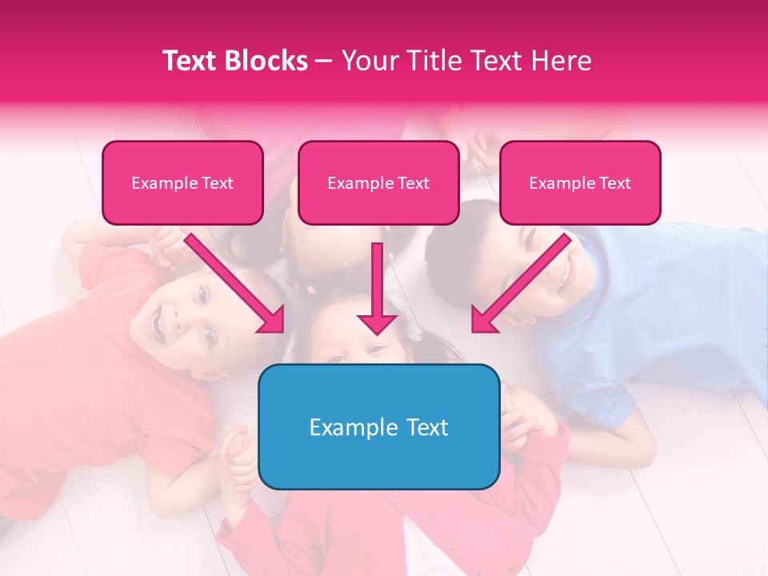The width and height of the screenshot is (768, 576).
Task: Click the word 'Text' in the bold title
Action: pos(190,61)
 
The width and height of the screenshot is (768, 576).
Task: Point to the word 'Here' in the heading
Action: pos(563,61)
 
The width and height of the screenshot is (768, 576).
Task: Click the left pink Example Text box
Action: pos(182,183)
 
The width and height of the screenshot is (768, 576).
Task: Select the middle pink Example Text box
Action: pos(378,183)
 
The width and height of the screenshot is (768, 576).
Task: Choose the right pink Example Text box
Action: pos(580,183)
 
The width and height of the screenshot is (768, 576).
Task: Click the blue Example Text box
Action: pos(378,426)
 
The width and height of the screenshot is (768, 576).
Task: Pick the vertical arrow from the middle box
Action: pos(377,288)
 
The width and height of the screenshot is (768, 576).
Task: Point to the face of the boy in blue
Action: pos(552,264)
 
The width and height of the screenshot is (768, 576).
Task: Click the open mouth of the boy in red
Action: pos(158,323)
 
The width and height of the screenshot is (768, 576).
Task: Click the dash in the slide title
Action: pos(324,61)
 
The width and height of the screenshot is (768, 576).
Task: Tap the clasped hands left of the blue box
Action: pos(236,456)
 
